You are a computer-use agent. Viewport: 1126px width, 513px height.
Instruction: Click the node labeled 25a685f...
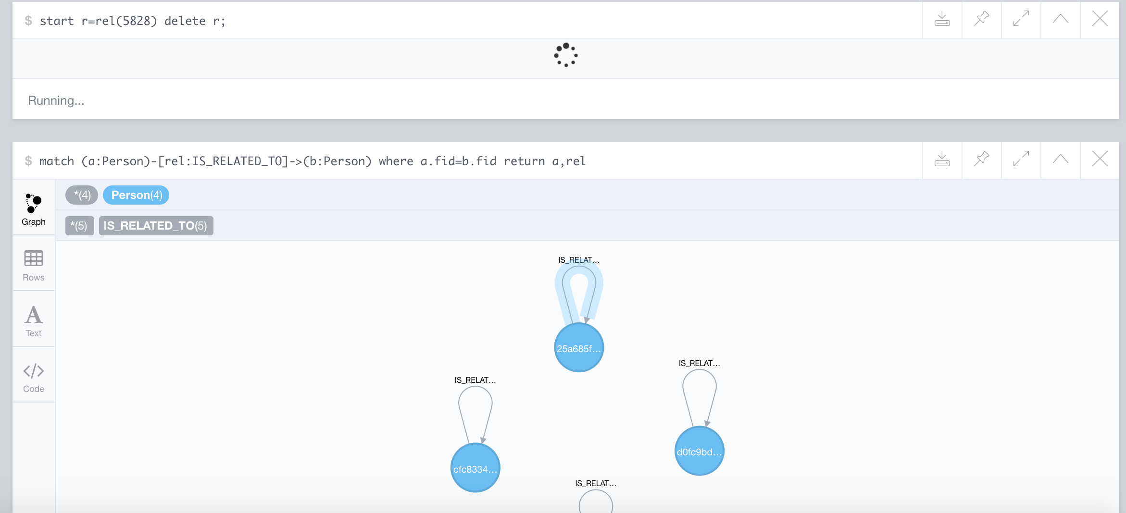point(579,347)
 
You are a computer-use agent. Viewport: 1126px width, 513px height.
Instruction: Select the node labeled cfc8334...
point(475,468)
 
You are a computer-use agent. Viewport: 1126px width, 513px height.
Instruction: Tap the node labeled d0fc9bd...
point(699,451)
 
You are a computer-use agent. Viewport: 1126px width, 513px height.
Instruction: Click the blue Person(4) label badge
point(136,195)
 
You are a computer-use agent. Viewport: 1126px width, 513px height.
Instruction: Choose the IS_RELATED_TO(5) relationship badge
point(156,226)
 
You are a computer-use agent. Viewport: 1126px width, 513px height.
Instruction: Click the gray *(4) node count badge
point(82,195)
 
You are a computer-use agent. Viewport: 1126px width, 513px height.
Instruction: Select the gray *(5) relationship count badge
point(79,226)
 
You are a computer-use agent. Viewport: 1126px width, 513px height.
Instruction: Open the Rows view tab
point(34,265)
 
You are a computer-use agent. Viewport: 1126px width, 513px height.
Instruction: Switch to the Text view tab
point(34,321)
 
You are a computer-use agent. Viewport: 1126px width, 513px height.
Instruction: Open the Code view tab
point(34,377)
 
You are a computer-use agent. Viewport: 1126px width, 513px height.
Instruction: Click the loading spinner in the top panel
point(566,55)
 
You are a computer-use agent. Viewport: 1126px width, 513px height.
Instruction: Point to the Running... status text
point(56,100)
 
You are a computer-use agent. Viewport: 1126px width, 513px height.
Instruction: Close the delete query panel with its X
point(1100,19)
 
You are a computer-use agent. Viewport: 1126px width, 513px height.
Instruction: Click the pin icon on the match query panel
point(981,159)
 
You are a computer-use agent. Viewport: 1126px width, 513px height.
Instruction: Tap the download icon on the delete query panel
point(942,19)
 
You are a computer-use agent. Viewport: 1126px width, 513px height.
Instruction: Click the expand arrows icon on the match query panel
point(1021,159)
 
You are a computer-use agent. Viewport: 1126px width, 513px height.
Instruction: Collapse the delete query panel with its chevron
point(1060,19)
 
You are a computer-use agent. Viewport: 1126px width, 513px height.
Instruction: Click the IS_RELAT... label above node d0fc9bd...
point(699,363)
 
